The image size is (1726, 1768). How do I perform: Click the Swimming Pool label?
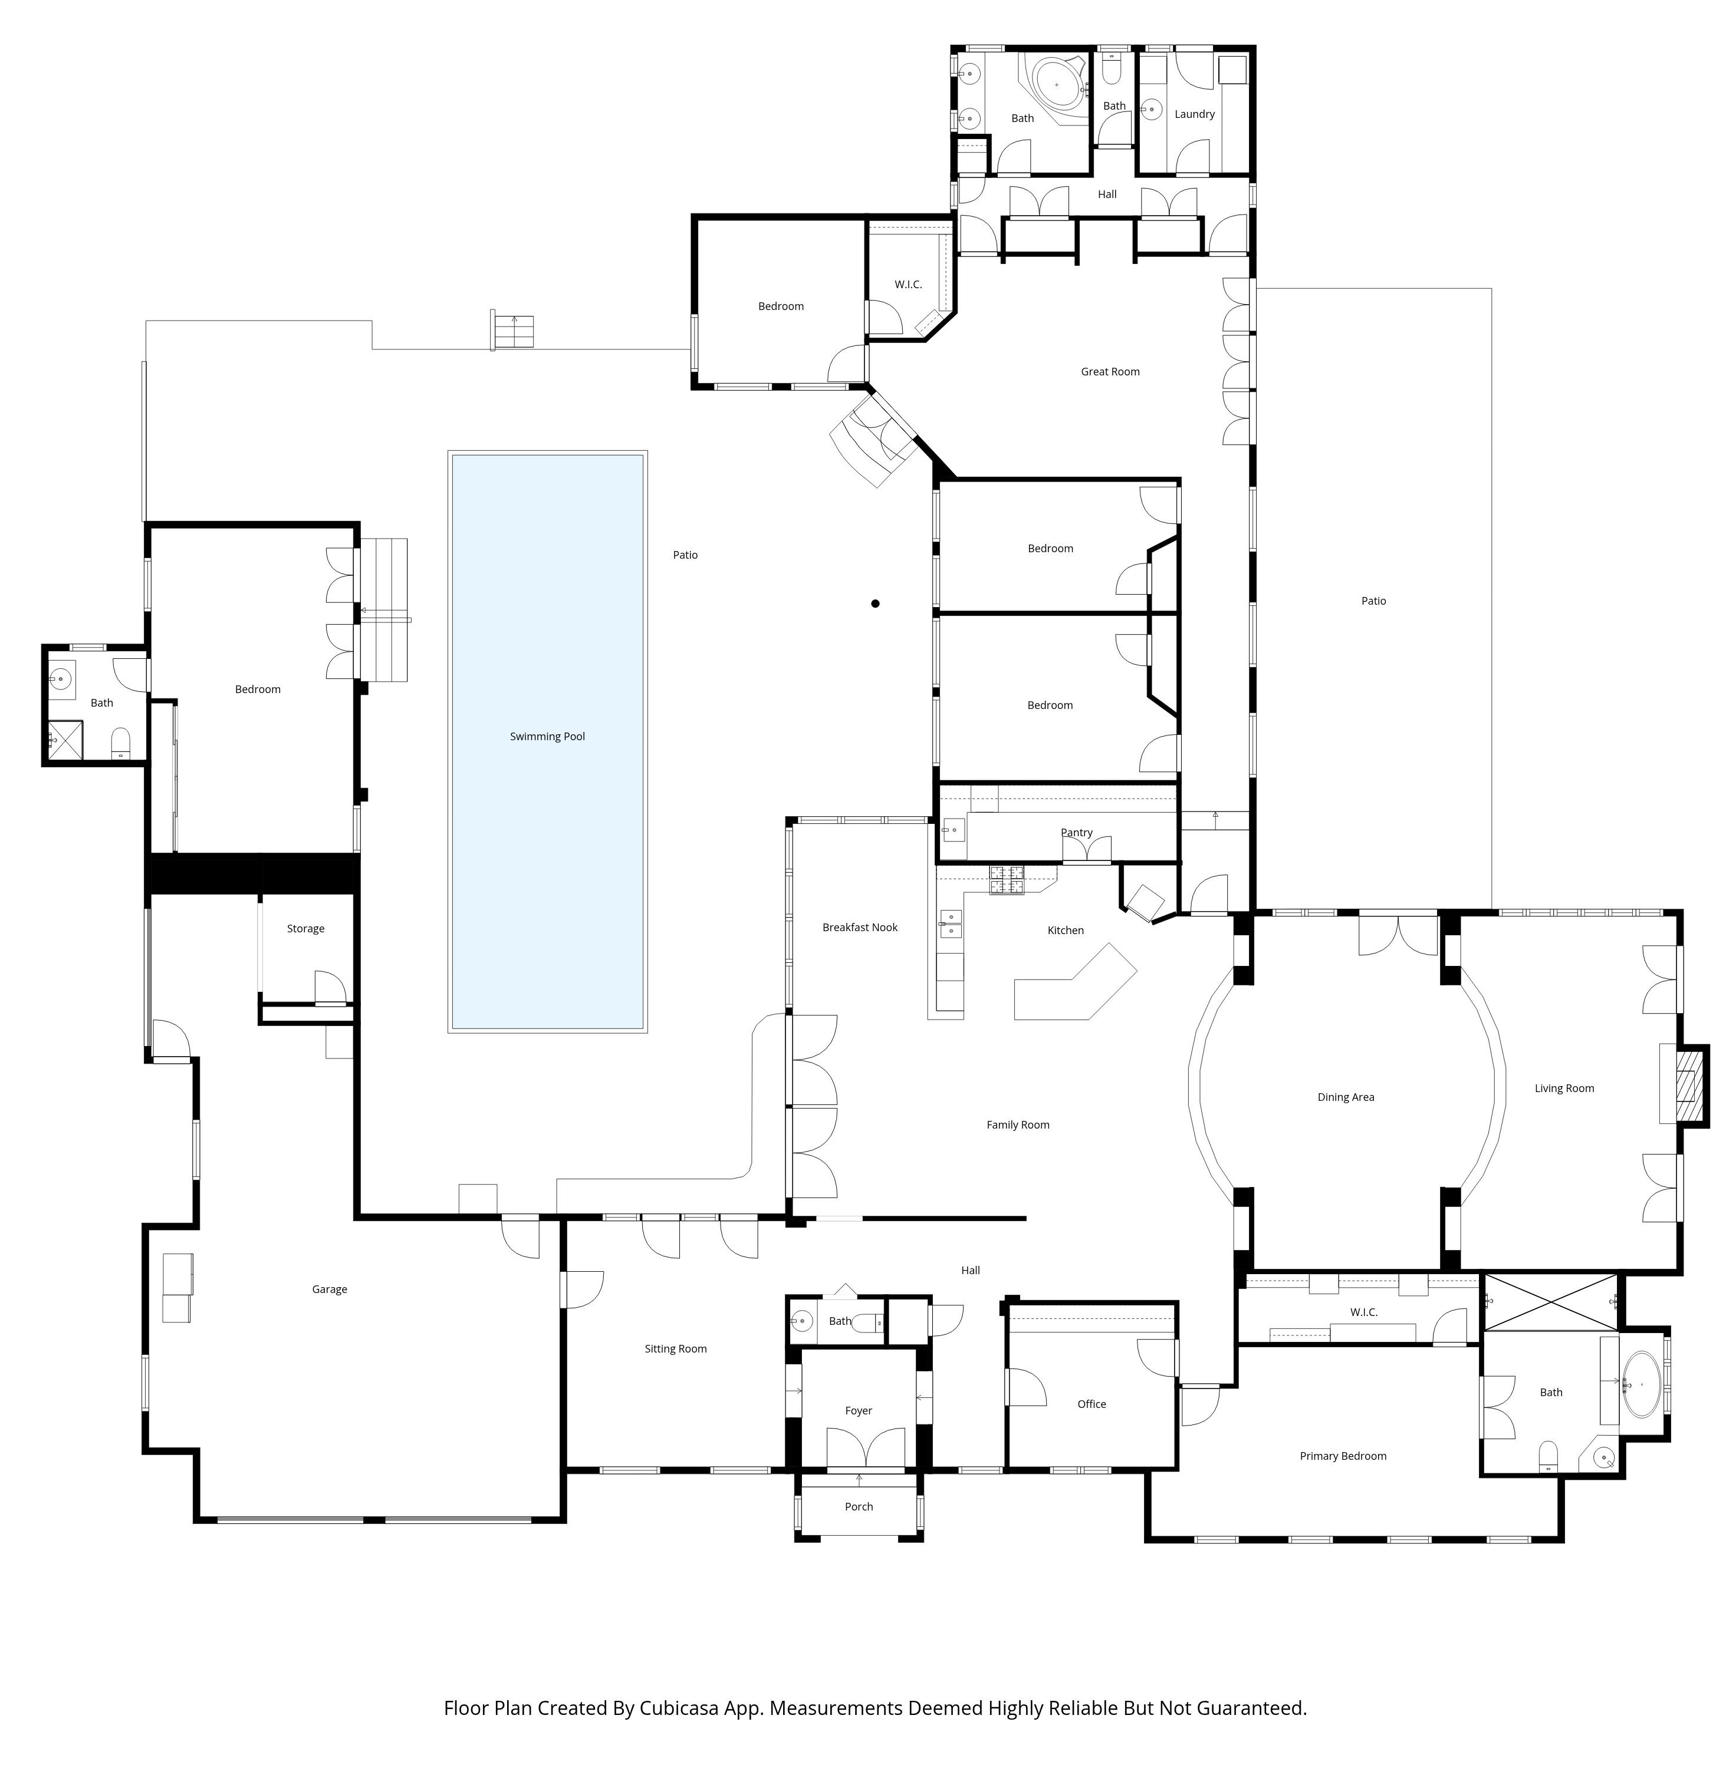point(548,737)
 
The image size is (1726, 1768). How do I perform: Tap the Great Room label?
point(1110,371)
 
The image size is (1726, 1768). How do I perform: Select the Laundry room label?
point(1195,114)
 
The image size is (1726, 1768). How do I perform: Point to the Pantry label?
point(1077,833)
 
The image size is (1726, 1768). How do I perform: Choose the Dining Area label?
point(1346,1097)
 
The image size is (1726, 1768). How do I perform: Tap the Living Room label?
point(1564,1088)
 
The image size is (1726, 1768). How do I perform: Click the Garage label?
point(330,1289)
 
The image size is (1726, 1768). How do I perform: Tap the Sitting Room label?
point(676,1350)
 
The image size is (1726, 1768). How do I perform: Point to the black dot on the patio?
point(876,603)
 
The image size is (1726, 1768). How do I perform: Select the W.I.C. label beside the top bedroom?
point(908,285)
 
